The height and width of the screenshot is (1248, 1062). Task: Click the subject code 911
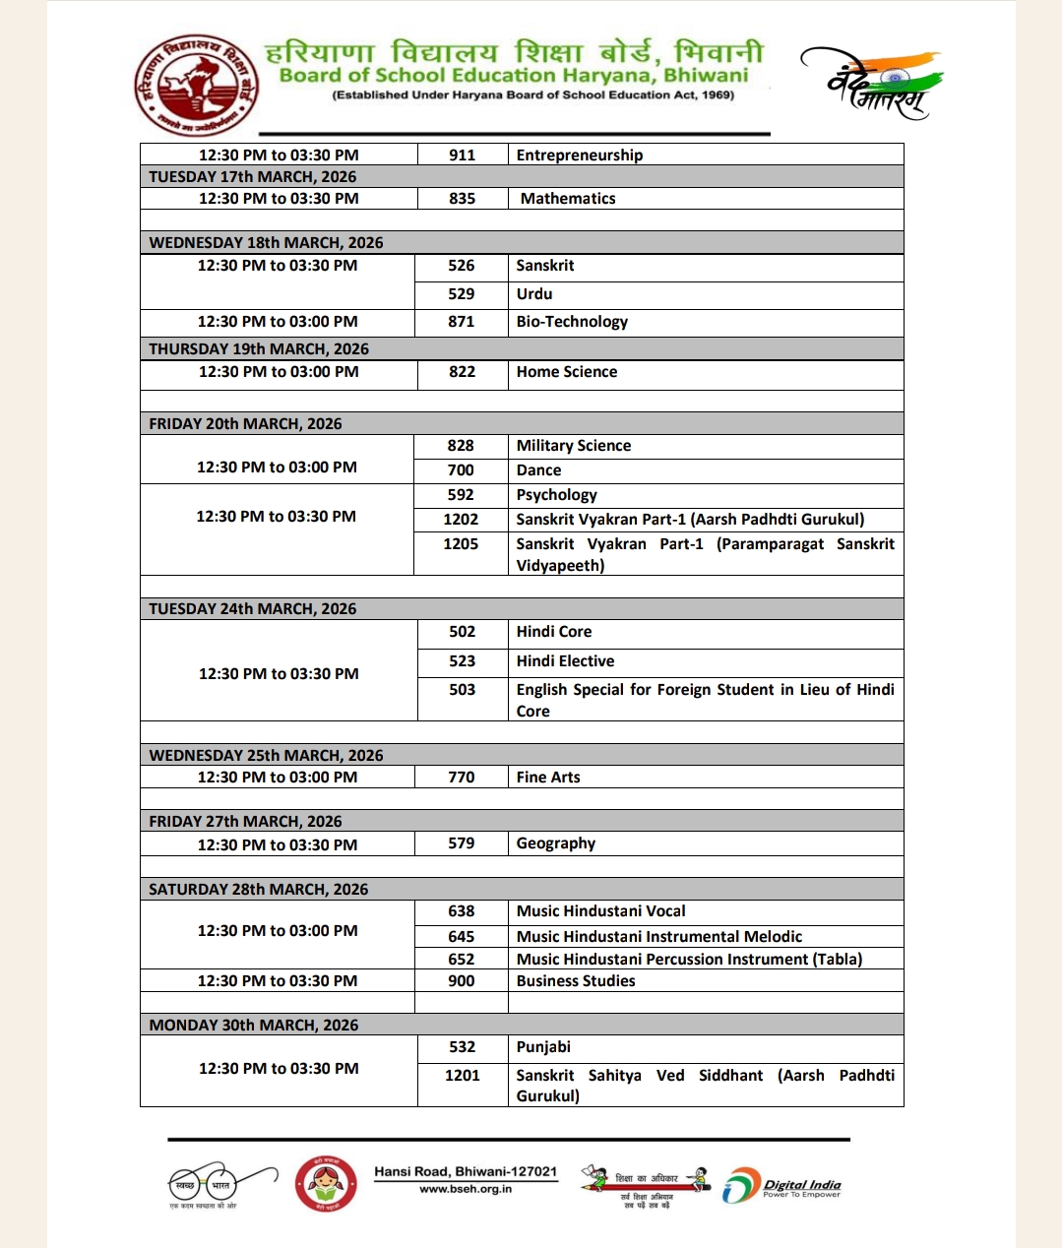(x=462, y=155)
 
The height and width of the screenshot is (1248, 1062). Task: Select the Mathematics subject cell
(x=568, y=198)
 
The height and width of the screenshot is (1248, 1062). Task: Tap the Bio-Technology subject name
(x=572, y=322)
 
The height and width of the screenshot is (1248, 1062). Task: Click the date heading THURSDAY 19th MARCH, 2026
(x=259, y=348)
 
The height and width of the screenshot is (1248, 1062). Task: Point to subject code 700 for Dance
(x=461, y=470)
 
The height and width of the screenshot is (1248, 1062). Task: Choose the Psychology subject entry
(x=556, y=495)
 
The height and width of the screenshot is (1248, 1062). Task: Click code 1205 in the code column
(x=461, y=544)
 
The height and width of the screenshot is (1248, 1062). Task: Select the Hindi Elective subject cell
(x=565, y=661)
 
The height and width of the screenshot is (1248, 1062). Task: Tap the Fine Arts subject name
(x=548, y=777)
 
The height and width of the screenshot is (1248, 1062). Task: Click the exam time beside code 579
(x=278, y=844)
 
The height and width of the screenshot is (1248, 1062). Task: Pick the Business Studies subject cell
(x=576, y=980)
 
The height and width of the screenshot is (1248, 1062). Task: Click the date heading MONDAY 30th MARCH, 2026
(x=254, y=1025)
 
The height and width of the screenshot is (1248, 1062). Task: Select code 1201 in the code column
(x=462, y=1076)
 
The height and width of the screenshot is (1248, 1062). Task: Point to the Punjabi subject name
(x=543, y=1047)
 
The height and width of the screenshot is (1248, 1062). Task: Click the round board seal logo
(x=196, y=85)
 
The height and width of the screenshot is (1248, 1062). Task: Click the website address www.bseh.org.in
(x=466, y=1189)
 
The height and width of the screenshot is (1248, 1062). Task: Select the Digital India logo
(x=782, y=1186)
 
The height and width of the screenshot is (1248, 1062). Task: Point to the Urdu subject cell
(x=534, y=294)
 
